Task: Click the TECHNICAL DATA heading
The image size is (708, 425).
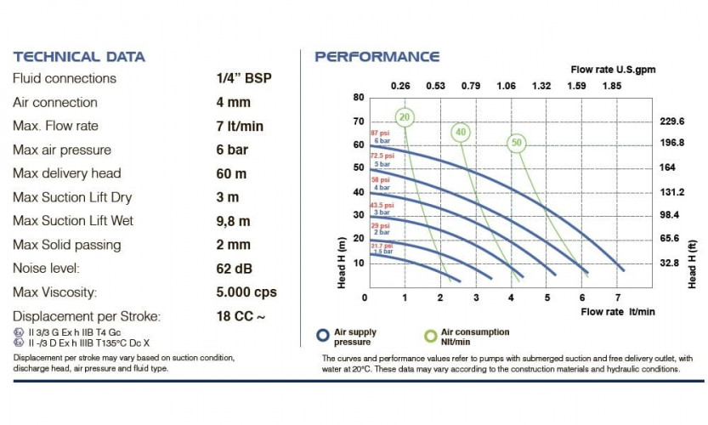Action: click(x=79, y=57)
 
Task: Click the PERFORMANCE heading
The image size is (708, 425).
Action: click(x=377, y=57)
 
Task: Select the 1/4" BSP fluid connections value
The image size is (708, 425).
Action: click(x=245, y=78)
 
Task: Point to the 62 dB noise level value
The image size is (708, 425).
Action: click(x=235, y=269)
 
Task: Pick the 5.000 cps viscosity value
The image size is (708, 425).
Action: click(x=247, y=292)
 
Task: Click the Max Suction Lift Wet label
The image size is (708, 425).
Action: click(x=73, y=221)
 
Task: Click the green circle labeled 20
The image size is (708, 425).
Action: click(x=405, y=117)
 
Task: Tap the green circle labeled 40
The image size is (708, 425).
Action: click(x=461, y=132)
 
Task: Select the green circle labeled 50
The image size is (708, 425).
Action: click(x=516, y=143)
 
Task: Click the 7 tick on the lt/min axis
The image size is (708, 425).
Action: click(x=618, y=297)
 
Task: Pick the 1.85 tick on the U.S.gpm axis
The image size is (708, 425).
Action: click(x=611, y=85)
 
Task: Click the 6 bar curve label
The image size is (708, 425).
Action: click(x=382, y=140)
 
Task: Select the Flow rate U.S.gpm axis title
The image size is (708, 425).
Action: click(x=612, y=69)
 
